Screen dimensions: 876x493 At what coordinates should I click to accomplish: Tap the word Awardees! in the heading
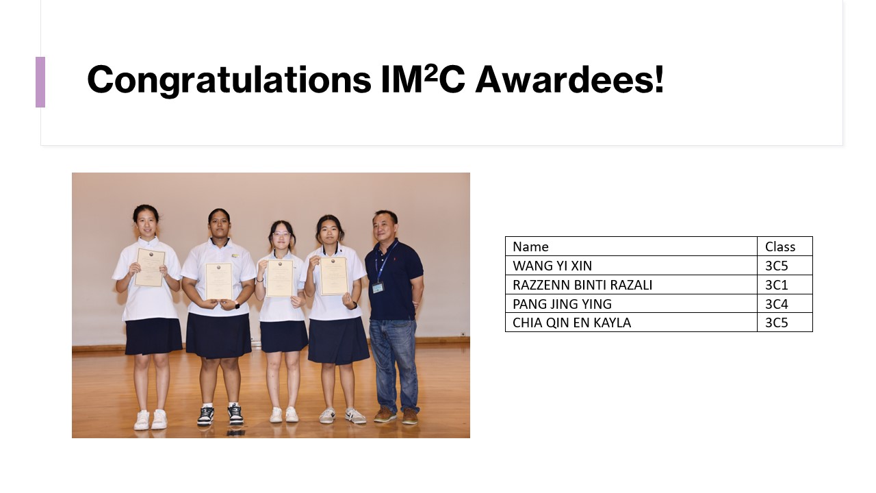[x=570, y=79]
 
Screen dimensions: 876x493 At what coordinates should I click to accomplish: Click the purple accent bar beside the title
[x=40, y=82]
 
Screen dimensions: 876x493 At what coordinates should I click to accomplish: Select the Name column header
[x=530, y=246]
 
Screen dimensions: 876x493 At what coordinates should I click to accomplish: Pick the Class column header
[x=780, y=246]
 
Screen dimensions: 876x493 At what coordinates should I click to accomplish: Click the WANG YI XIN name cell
[x=552, y=266]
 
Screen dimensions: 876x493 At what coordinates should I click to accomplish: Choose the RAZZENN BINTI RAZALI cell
[x=582, y=285]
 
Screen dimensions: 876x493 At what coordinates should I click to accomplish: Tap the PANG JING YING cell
[x=562, y=303]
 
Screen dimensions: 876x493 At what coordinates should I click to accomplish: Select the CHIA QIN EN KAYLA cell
[x=571, y=323]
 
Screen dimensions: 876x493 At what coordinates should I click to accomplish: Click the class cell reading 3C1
[x=776, y=285]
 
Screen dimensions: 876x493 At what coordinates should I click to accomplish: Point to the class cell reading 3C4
[x=776, y=303]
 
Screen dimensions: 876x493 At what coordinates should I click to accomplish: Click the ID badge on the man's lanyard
[x=378, y=288]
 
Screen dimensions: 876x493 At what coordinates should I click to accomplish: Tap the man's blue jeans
[x=394, y=364]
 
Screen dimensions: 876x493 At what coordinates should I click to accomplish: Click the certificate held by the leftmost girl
[x=149, y=267]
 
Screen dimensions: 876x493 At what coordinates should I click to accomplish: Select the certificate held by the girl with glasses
[x=280, y=278]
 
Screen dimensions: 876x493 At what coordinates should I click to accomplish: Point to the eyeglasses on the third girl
[x=281, y=234]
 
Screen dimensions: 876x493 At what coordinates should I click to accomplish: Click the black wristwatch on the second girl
[x=237, y=305]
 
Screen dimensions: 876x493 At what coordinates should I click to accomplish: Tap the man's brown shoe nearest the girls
[x=385, y=414]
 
